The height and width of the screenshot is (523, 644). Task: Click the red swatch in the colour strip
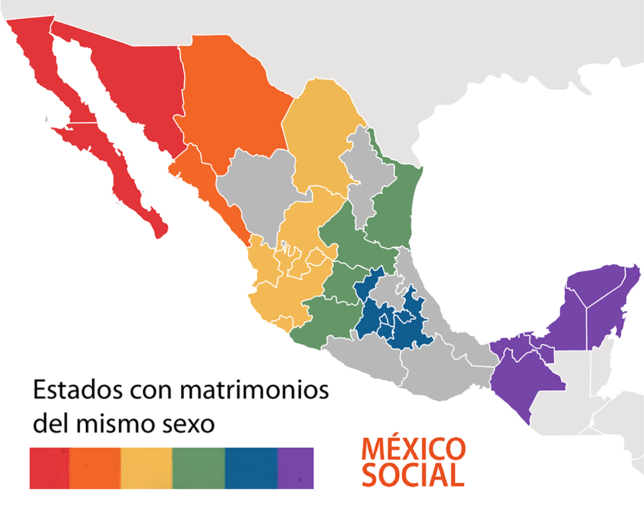[x=49, y=467]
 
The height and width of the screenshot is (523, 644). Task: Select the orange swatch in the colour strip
[x=95, y=467]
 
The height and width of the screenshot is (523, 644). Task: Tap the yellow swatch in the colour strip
[x=146, y=467]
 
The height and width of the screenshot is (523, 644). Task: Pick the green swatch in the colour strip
[x=199, y=467]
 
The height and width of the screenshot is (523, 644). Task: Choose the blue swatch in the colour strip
[x=251, y=467]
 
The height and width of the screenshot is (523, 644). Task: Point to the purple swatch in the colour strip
[x=295, y=467]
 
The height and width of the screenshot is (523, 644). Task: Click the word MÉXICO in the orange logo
[x=413, y=447]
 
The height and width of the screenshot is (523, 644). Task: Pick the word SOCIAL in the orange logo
[x=413, y=474]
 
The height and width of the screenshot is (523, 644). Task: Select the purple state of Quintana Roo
[x=607, y=308]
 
